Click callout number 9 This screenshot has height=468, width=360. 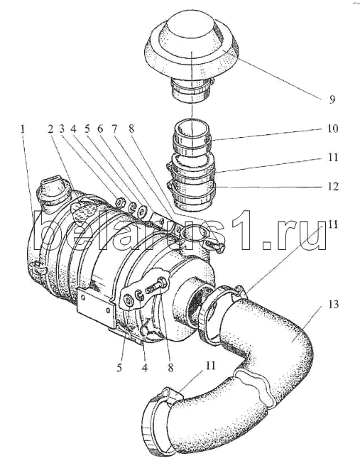(x=332, y=99)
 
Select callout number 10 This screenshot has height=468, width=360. (x=332, y=129)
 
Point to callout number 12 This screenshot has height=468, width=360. (x=332, y=187)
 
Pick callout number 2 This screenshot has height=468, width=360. (x=50, y=129)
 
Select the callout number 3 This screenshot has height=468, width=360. (x=62, y=129)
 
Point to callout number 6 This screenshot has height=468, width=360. (x=100, y=129)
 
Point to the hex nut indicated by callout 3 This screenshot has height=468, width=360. (x=121, y=202)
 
